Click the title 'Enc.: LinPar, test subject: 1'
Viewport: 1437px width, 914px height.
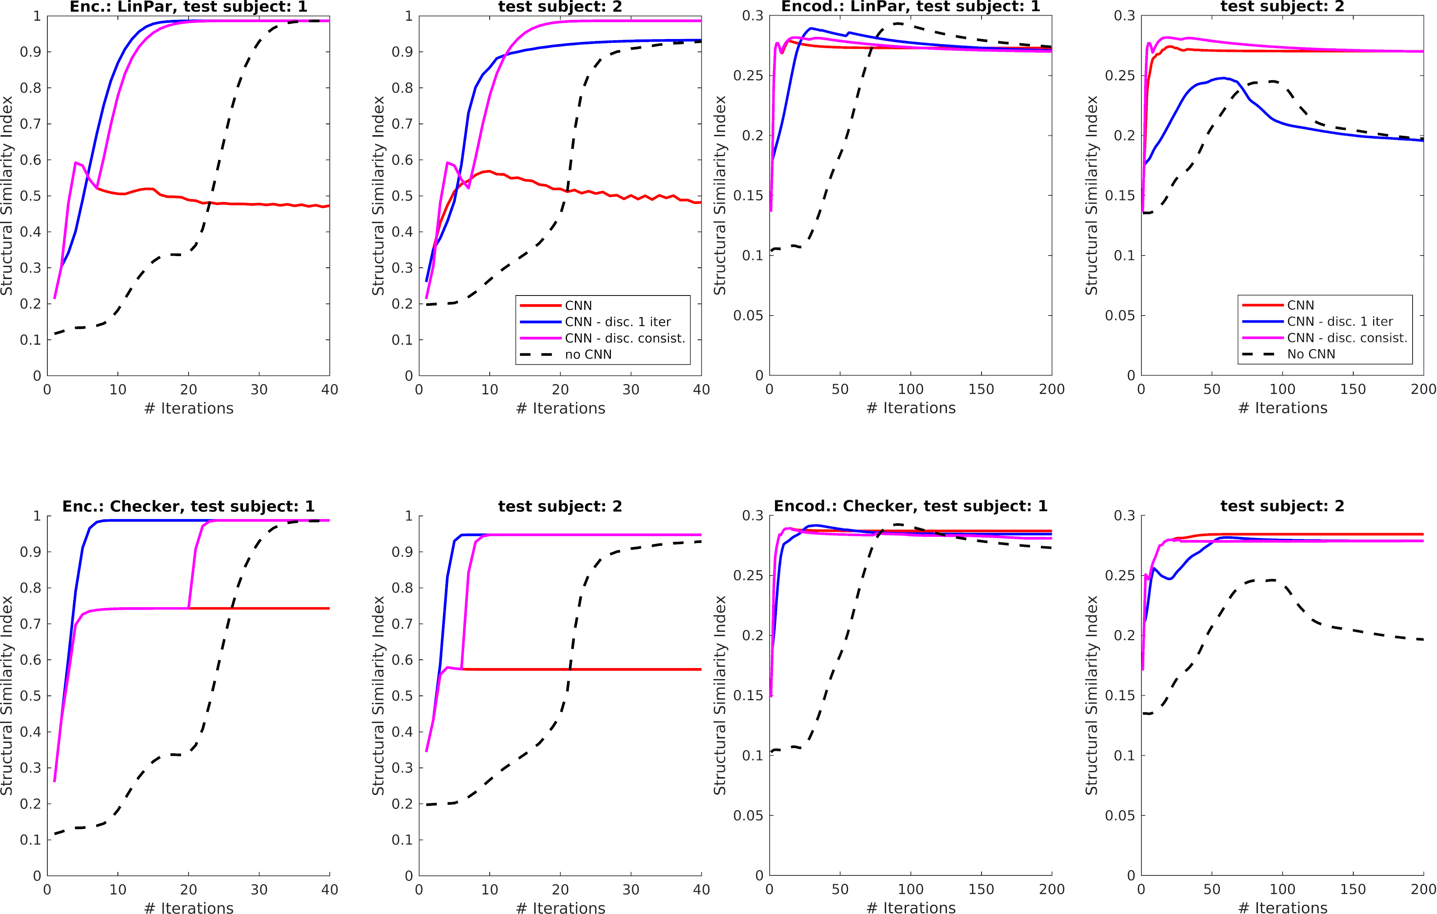click(x=188, y=7)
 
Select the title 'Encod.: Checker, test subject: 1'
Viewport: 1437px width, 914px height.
click(x=910, y=506)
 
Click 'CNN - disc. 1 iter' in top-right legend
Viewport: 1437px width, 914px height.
click(x=1340, y=321)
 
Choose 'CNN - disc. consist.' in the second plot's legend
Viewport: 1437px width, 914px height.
click(x=625, y=338)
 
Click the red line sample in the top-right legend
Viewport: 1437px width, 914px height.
click(x=1262, y=305)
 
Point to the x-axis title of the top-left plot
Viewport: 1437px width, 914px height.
click(x=188, y=408)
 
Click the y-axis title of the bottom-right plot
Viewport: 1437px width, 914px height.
click(x=1092, y=695)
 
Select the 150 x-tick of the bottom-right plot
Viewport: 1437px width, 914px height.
click(x=1353, y=890)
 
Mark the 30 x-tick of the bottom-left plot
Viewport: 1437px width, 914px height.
click(x=259, y=890)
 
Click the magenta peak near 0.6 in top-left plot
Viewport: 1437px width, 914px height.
click(x=76, y=162)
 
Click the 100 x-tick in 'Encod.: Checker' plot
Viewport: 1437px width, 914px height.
click(x=911, y=890)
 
